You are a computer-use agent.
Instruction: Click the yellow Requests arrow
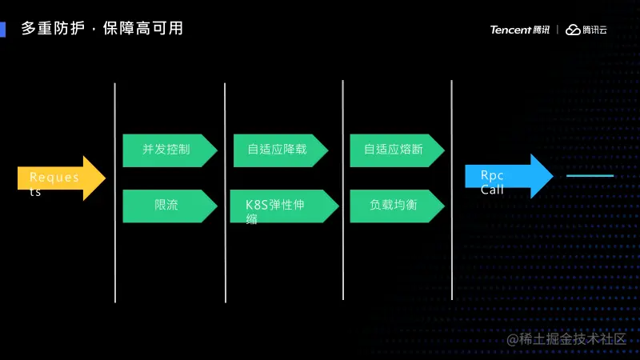[x=60, y=178]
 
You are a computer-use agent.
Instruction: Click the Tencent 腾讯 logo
[x=520, y=30]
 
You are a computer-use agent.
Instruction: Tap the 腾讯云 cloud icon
[x=573, y=30]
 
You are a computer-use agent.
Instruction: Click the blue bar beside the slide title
[x=3, y=29]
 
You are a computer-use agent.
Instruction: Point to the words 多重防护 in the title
[x=51, y=29]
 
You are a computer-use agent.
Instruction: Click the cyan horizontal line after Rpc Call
[x=590, y=175]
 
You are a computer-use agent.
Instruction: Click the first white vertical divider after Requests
[x=115, y=192]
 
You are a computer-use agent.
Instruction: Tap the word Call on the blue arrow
[x=492, y=190]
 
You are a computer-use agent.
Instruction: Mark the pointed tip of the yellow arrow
[x=104, y=178]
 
